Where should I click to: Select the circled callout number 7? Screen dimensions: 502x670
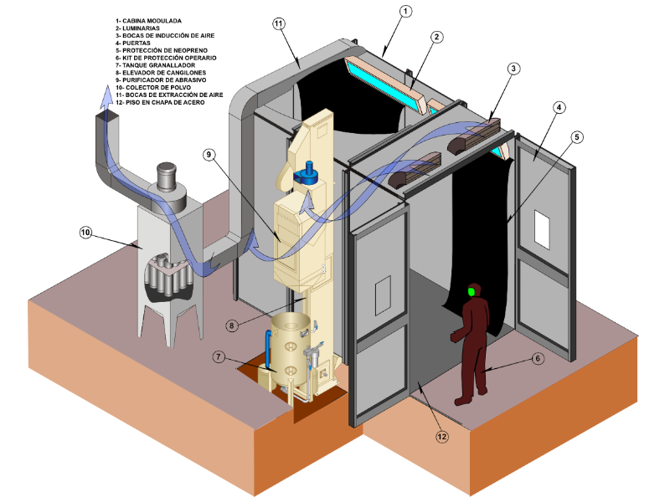click(x=218, y=356)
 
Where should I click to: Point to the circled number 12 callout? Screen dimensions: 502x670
click(x=441, y=434)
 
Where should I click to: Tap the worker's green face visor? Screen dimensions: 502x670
click(x=472, y=291)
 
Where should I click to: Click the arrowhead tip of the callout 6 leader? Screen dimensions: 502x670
click(x=486, y=369)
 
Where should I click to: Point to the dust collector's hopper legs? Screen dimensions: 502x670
click(x=172, y=322)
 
